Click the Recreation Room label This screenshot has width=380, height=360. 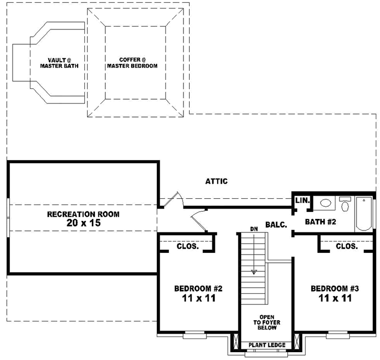[83, 214]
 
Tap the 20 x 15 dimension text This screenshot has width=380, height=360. [83, 223]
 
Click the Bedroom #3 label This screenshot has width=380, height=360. [335, 289]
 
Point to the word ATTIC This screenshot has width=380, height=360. [216, 182]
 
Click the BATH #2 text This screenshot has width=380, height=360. [321, 222]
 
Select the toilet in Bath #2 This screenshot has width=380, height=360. [345, 204]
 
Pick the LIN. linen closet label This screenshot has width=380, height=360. [302, 200]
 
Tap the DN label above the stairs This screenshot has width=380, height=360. [254, 229]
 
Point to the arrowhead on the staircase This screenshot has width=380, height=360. [254, 271]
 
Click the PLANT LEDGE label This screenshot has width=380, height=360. [267, 345]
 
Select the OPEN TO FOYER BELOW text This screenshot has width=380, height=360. [267, 322]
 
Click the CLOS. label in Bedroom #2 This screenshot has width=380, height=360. [188, 246]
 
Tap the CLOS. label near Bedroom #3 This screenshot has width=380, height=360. [346, 246]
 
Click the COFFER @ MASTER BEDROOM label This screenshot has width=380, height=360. [132, 63]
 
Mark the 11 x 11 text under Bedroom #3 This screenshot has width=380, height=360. [335, 298]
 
